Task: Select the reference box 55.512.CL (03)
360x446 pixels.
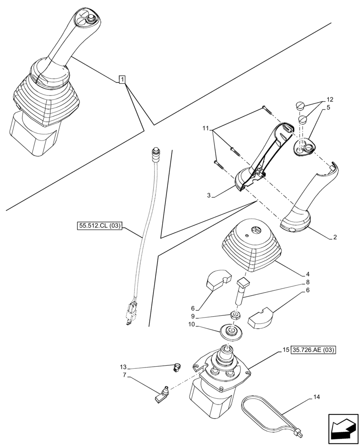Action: pyautogui.click(x=98, y=226)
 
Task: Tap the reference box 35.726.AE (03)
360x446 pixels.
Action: pyautogui.click(x=314, y=350)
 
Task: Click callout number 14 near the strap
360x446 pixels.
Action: pyautogui.click(x=316, y=396)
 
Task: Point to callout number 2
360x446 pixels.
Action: pyautogui.click(x=335, y=237)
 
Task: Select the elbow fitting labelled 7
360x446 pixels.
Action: pyautogui.click(x=162, y=395)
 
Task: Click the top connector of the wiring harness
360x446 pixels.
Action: pyautogui.click(x=156, y=153)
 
